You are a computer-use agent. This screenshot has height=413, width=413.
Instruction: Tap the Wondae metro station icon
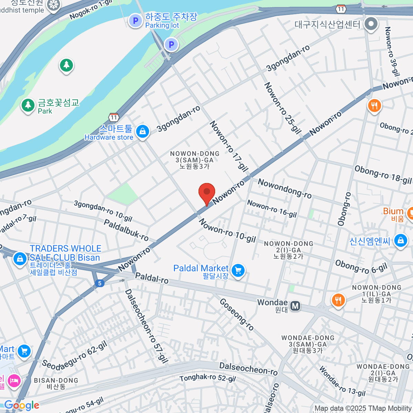tap(295, 306)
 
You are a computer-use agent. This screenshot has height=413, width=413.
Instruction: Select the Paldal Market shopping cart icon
tap(238, 271)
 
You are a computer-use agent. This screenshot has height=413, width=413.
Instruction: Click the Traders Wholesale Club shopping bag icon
tap(20, 258)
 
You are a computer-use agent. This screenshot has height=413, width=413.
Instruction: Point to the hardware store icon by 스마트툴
tap(142, 131)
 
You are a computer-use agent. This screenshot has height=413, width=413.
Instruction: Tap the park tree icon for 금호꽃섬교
tap(28, 105)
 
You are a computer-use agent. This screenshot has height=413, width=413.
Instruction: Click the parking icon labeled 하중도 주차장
tap(135, 21)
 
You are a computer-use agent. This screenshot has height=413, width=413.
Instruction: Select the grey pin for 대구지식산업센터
tap(371, 24)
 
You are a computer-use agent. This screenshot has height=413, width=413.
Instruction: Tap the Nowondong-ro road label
tap(285, 188)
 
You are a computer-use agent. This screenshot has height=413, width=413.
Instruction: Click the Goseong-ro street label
tap(236, 315)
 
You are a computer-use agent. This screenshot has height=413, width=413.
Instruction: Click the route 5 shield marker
tap(99, 283)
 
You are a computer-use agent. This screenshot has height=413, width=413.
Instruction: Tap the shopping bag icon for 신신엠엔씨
tap(401, 241)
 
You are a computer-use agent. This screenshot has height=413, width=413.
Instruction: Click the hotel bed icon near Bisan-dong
tap(14, 381)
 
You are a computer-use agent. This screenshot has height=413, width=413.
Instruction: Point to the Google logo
tap(22, 405)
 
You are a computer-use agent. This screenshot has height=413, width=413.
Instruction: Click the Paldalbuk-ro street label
tap(126, 230)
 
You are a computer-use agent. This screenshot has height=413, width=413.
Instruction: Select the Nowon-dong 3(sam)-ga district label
tap(194, 160)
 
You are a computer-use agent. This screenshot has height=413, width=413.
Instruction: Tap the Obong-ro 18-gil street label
tap(383, 175)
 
